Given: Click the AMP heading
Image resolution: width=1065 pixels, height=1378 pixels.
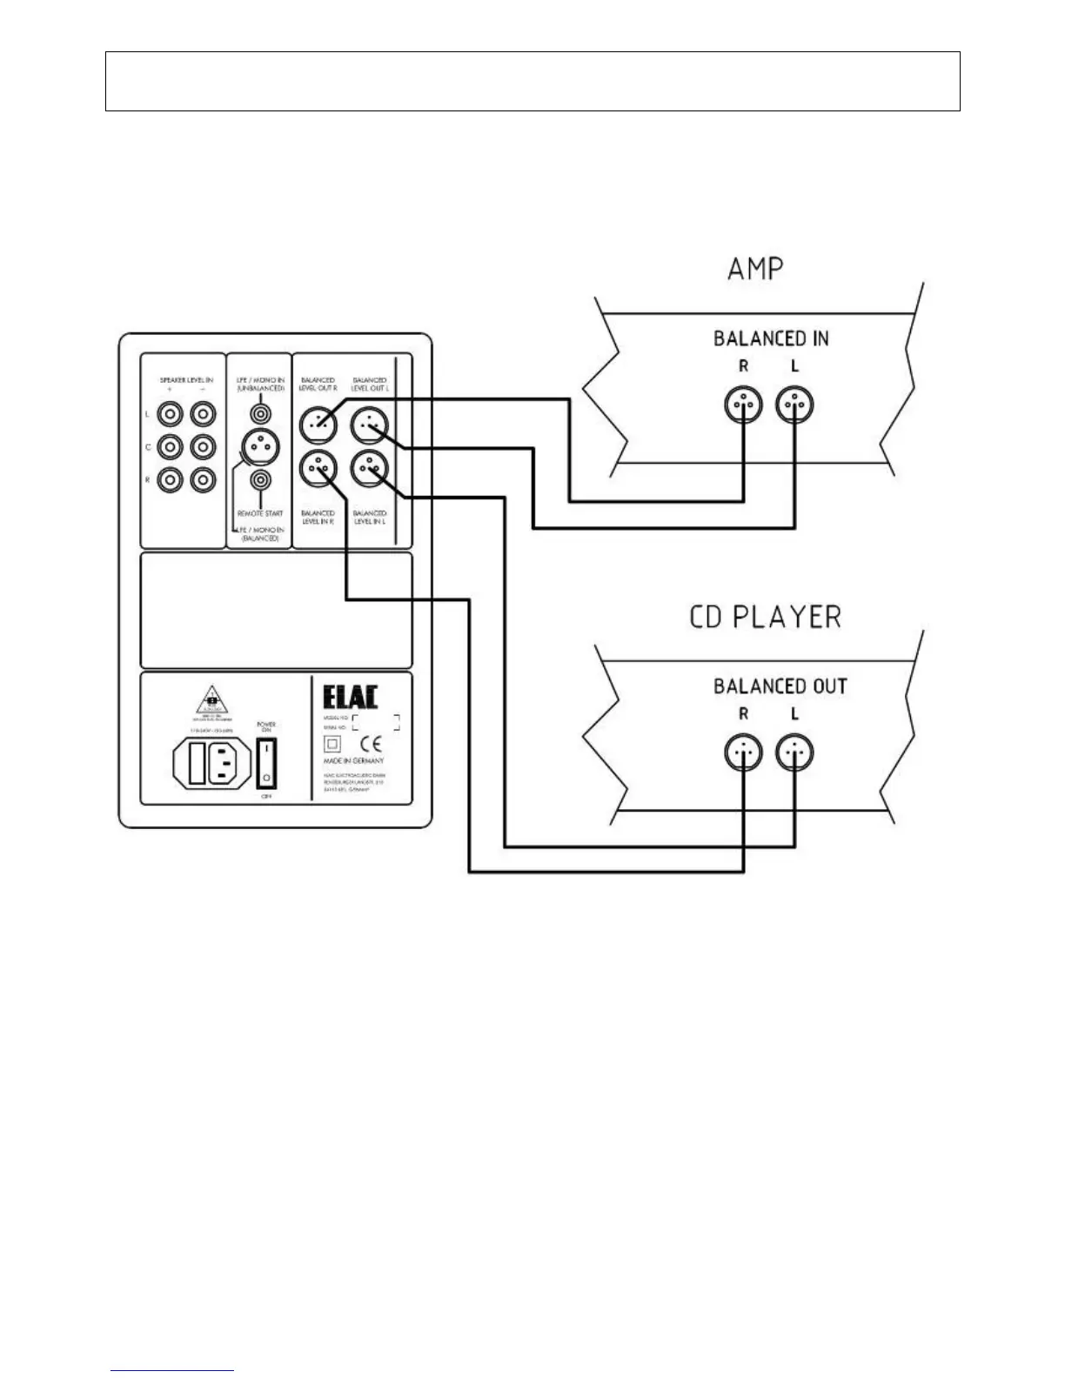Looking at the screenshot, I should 755,269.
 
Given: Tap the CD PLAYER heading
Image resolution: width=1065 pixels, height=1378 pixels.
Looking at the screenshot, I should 766,617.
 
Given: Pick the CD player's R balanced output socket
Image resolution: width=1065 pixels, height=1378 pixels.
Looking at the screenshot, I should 744,753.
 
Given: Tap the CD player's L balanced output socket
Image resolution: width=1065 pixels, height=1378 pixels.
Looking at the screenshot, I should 794,753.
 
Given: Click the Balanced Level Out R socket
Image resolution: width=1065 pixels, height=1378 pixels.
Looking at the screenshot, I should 318,425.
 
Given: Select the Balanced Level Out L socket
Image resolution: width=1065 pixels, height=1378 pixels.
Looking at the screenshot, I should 369,425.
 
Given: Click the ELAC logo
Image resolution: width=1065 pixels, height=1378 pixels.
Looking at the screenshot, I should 351,697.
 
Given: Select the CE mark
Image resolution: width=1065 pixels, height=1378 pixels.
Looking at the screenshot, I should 371,745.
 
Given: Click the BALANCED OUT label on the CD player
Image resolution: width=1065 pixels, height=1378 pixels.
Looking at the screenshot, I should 780,686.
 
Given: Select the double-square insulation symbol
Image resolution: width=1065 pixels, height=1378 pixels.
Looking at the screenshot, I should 332,745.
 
